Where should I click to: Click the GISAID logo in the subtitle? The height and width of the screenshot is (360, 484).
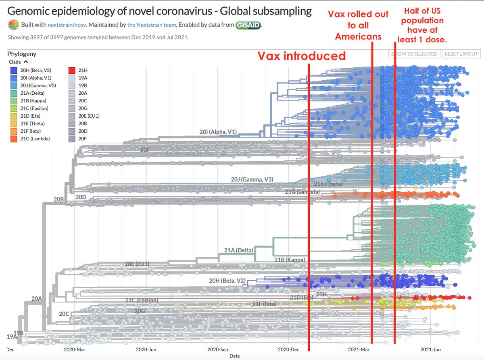pos(248,25)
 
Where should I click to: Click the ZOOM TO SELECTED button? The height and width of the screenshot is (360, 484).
pos(414,54)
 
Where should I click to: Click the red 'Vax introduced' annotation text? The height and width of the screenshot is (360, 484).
pos(302,56)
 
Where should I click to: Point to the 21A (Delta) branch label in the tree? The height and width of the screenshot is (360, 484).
pos(238,250)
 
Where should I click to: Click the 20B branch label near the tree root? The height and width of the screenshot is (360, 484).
pos(59,199)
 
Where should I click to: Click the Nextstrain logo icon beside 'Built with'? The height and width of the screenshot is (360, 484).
pos(14,25)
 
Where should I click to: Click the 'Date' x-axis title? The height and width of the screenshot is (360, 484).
pos(234,356)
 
